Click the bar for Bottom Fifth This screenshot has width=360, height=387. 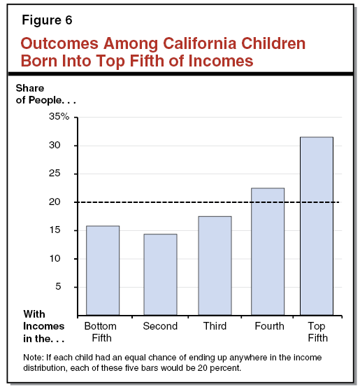point(103,270)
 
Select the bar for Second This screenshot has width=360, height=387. point(160,274)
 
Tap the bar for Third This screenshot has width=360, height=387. point(215,265)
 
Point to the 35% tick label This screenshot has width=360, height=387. point(60,117)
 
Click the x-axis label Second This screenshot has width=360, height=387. point(160,326)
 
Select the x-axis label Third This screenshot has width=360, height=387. point(215,326)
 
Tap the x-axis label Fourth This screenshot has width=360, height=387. point(269,326)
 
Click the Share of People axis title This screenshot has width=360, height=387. point(45,94)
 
